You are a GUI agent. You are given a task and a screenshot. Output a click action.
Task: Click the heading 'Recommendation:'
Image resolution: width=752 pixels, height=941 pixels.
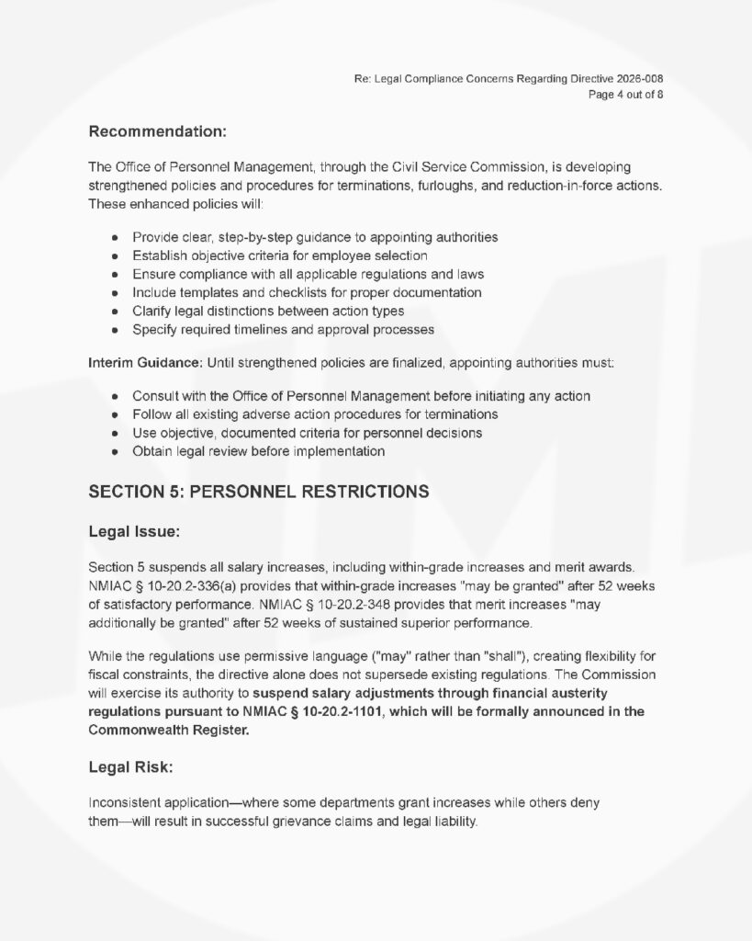pos(157,131)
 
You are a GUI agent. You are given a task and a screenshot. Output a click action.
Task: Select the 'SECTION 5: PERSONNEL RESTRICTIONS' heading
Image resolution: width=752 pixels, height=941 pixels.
pos(258,492)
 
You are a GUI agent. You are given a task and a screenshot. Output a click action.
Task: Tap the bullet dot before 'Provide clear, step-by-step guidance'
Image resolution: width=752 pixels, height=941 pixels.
pos(115,238)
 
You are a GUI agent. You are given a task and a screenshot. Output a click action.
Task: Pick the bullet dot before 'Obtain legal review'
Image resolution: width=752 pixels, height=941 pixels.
pos(115,452)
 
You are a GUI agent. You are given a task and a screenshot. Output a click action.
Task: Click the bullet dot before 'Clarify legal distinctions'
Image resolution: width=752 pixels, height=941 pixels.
pos(115,311)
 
